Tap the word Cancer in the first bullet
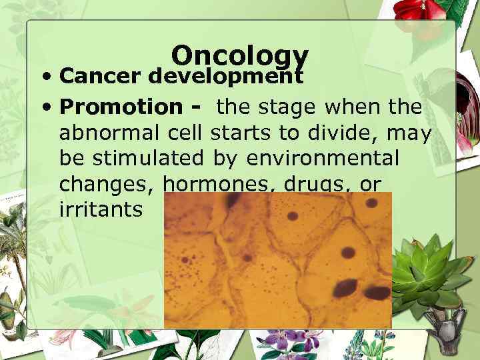click(x=101, y=77)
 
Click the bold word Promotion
click(x=120, y=107)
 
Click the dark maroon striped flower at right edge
click(x=466, y=100)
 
